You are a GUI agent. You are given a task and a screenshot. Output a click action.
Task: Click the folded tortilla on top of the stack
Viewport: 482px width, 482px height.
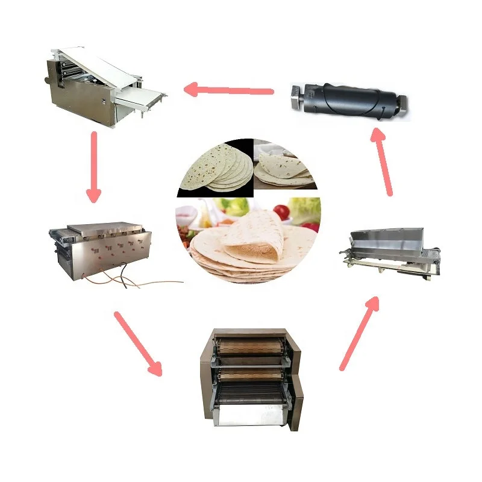(253, 235)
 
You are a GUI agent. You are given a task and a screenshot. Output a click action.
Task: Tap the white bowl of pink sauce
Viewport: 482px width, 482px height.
(187, 212)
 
